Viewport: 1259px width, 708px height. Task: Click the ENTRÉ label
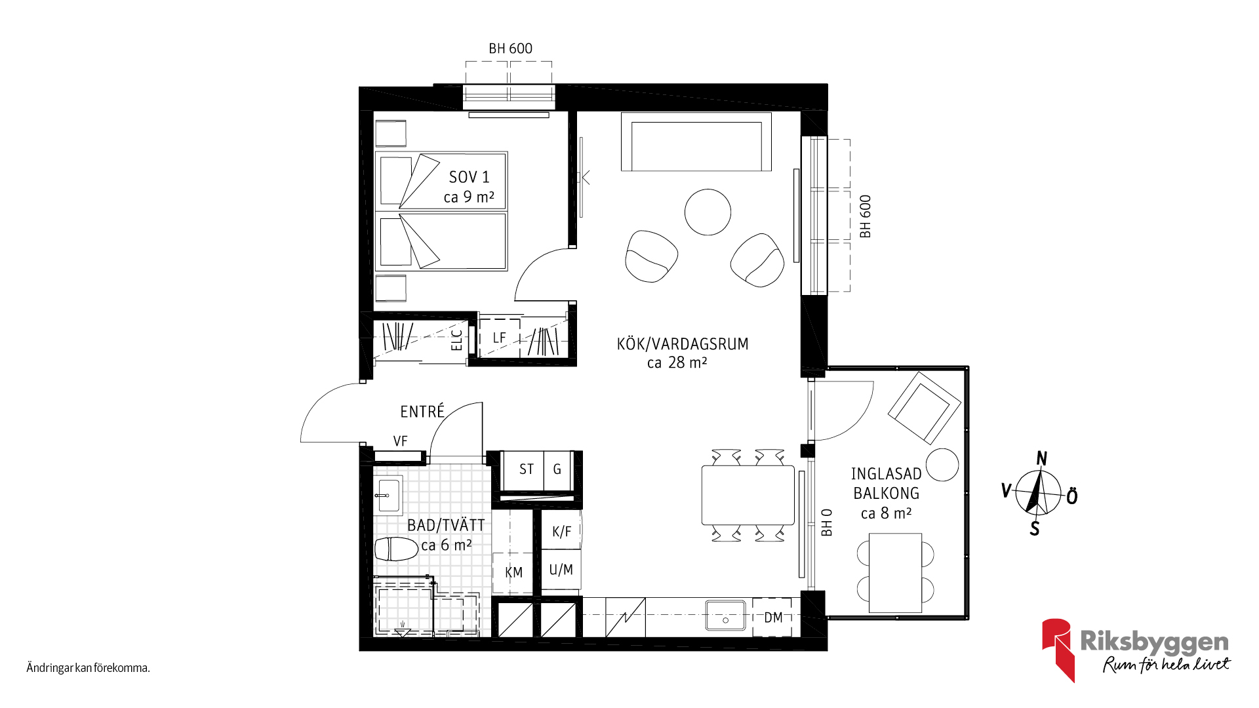(422, 411)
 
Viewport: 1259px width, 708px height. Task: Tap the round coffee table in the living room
(708, 212)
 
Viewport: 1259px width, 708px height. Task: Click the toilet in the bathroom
(396, 549)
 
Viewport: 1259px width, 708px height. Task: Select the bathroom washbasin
(388, 496)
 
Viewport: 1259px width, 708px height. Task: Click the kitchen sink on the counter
(725, 616)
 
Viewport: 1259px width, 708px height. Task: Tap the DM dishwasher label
(773, 618)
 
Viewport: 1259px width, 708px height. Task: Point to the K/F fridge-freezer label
(561, 532)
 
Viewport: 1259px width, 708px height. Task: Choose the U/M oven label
(561, 570)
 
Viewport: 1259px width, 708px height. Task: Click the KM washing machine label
(514, 572)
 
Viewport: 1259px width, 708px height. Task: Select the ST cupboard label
(527, 469)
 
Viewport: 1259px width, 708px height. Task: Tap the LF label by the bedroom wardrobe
(500, 338)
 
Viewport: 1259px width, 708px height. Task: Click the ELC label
(457, 340)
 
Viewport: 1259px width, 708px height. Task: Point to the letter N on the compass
(1041, 458)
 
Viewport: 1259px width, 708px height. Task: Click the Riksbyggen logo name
(1154, 642)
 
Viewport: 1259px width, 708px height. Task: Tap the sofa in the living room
(696, 142)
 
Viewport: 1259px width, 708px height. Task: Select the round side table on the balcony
(942, 465)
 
